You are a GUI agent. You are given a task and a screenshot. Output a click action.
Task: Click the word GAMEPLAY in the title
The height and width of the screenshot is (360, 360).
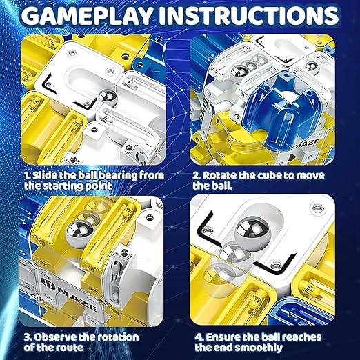click(87, 15)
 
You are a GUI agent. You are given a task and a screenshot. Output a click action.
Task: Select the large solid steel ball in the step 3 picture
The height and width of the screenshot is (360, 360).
click(79, 232)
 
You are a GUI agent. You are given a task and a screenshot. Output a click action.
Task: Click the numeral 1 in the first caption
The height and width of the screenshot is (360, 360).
click(27, 176)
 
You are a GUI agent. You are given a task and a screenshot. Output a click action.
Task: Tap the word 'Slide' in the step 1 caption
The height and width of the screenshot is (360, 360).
click(44, 175)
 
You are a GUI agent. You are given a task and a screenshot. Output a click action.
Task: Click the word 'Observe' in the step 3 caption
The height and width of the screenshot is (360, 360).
click(54, 337)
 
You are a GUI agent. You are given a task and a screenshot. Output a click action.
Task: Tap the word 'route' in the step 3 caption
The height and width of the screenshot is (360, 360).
click(70, 348)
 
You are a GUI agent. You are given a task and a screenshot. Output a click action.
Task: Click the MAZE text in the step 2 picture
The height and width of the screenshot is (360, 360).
click(308, 143)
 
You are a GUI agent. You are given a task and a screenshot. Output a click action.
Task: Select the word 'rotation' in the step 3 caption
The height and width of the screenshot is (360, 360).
click(118, 337)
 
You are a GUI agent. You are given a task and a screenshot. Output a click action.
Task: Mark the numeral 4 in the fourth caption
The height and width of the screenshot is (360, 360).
click(198, 337)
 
